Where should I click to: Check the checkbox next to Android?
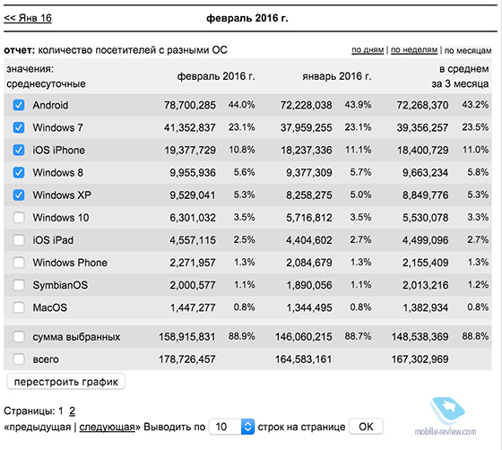pos(19,105)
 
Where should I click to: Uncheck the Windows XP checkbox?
pos(19,195)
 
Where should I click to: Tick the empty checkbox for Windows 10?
pos(19,218)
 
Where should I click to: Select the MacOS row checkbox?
pos(19,307)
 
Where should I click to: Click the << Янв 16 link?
pos(28,18)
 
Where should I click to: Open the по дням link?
pos(368,50)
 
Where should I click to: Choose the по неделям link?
pos(414,50)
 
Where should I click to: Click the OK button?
pos(366,427)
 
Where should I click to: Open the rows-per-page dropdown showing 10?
pos(232,427)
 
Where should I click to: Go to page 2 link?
pos(72,411)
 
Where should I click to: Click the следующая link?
pos(107,427)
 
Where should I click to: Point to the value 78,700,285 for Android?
pos(190,105)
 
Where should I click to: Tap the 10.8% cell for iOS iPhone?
pos(242,150)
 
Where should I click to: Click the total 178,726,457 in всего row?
pos(187,359)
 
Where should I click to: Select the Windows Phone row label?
pos(70,263)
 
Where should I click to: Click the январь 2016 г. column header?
pos(337,76)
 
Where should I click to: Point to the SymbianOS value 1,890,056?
pos(309,285)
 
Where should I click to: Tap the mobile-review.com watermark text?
pos(446,431)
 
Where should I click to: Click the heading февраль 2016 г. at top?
pos(247,18)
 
